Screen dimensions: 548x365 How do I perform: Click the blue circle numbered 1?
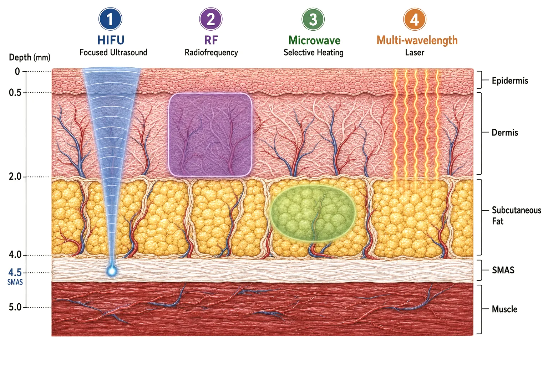[110, 19]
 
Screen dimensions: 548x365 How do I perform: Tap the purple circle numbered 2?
[210, 19]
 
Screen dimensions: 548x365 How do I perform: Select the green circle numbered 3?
[313, 19]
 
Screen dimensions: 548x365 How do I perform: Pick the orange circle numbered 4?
[415, 19]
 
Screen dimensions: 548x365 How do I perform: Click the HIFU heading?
[111, 40]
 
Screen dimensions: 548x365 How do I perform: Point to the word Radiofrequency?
[211, 52]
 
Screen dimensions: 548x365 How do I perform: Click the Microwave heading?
[314, 40]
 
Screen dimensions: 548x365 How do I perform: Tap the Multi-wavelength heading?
[417, 41]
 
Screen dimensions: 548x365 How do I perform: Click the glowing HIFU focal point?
[112, 271]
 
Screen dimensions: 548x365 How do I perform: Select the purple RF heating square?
[210, 134]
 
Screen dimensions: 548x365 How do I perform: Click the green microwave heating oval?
[313, 213]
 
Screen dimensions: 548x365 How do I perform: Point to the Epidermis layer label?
[510, 81]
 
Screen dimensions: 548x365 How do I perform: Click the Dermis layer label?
[505, 133]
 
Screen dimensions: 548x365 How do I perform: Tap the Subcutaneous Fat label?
[516, 216]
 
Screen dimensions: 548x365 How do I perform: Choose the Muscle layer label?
[504, 309]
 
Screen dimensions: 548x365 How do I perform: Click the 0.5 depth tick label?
[15, 93]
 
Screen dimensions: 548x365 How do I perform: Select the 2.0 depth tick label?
[15, 176]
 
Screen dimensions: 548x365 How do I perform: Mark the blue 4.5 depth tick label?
[15, 272]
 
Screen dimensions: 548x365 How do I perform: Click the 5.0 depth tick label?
[15, 307]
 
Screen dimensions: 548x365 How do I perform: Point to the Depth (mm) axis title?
[30, 57]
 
